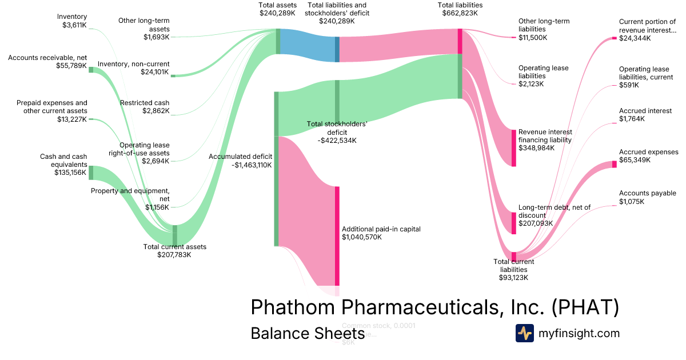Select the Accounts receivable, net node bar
point(91,70)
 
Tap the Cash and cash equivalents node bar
point(91,173)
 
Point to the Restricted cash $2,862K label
point(145,107)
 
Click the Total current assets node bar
point(175,234)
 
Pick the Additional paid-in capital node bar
point(337,235)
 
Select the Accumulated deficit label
point(240,161)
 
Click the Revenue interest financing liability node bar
point(513,148)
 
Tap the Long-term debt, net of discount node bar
point(513,223)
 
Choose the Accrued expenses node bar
point(614,165)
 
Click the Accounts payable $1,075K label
point(647,198)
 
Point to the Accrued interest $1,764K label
point(645,115)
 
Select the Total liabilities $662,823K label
point(460,9)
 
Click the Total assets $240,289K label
point(278,9)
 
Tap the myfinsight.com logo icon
point(524,333)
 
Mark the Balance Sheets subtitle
point(308,333)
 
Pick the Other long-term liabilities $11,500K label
point(544,30)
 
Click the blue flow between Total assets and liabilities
point(308,45)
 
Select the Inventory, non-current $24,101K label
point(133,68)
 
